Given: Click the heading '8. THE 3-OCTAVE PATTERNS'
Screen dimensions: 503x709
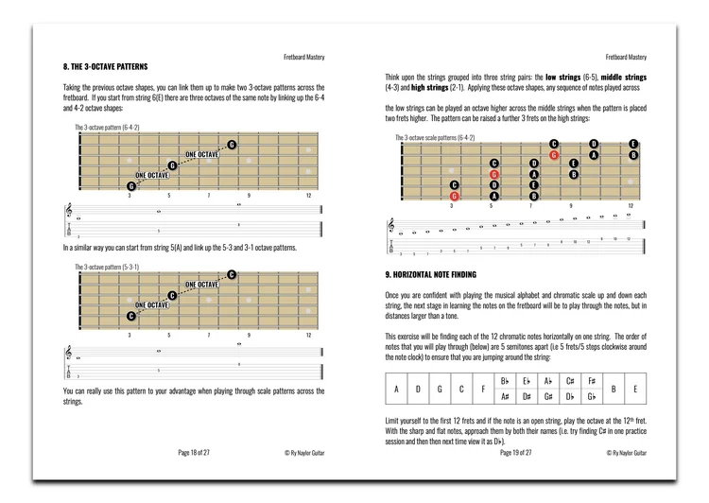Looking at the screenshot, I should (105, 69).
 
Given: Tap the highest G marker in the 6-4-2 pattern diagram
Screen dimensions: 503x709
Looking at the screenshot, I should (231, 145).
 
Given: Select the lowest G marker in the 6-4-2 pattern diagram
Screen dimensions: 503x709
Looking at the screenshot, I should (131, 186).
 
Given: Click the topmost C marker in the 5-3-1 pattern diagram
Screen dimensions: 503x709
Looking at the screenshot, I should (231, 274).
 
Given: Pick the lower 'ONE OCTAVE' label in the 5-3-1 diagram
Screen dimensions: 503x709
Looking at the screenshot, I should (153, 305).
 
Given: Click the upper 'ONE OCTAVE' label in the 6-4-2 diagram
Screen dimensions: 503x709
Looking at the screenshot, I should (201, 154).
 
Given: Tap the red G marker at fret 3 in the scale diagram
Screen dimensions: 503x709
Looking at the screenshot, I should (455, 196).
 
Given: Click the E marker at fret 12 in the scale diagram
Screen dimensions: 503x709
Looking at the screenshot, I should (633, 144).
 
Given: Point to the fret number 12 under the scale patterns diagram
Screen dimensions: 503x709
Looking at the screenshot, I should (631, 205).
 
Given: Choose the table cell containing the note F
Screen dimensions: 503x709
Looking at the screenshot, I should (482, 389).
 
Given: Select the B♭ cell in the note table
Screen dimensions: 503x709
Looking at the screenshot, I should (506, 380).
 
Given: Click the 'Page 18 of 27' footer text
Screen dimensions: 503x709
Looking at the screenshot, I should (194, 453).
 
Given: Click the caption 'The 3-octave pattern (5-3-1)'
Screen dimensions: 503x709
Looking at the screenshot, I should (107, 267).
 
